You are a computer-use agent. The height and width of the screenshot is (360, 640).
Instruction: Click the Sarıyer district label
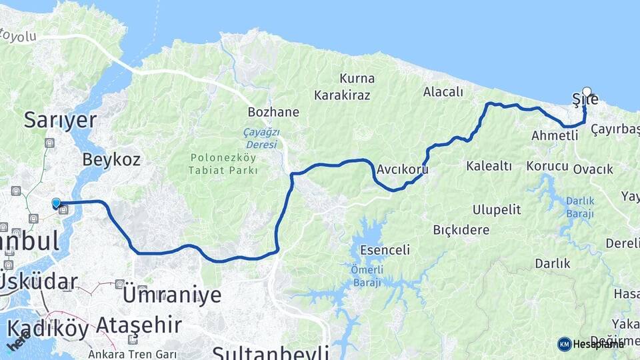tap(60, 120)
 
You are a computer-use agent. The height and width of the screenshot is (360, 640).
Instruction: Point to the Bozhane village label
tap(273, 112)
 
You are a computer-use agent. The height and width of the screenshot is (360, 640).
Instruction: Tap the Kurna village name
tap(357, 78)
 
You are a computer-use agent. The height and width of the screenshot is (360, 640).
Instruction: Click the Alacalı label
tap(443, 92)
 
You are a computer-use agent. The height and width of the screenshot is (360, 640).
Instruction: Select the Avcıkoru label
tap(402, 170)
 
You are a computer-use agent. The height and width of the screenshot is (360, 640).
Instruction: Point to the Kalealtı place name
tap(489, 165)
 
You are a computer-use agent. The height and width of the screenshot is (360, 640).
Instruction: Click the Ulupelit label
tap(496, 210)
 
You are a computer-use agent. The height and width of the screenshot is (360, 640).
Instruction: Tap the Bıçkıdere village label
tap(461, 230)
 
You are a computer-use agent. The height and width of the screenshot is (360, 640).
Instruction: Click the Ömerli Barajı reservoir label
tap(366, 276)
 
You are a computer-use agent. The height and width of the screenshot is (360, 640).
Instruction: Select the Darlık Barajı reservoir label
tap(580, 206)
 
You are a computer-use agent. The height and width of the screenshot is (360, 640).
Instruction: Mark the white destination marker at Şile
tap(587, 92)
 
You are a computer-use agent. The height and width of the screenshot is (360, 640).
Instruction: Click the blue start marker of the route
tap(56, 203)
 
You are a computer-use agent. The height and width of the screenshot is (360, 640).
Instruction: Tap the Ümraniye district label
tap(171, 294)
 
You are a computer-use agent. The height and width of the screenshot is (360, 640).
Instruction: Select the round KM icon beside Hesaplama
tap(565, 344)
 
